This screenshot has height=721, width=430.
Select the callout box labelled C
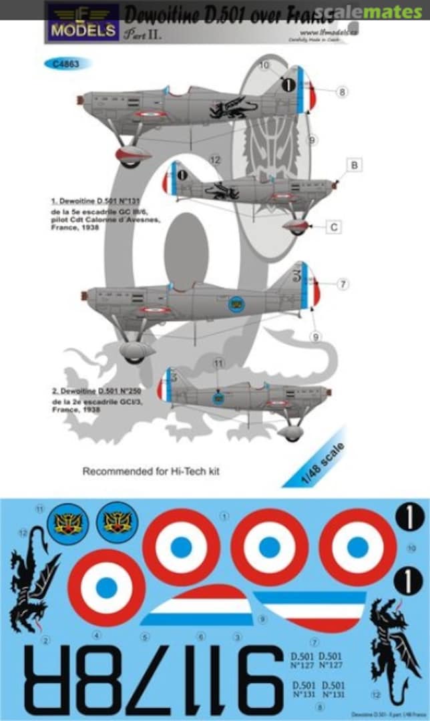[335, 228]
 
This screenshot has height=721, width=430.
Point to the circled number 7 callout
[343, 284]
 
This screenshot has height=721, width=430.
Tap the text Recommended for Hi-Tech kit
[151, 471]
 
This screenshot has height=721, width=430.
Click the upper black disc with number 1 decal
[409, 516]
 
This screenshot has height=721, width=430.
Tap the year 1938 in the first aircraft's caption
[87, 228]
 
